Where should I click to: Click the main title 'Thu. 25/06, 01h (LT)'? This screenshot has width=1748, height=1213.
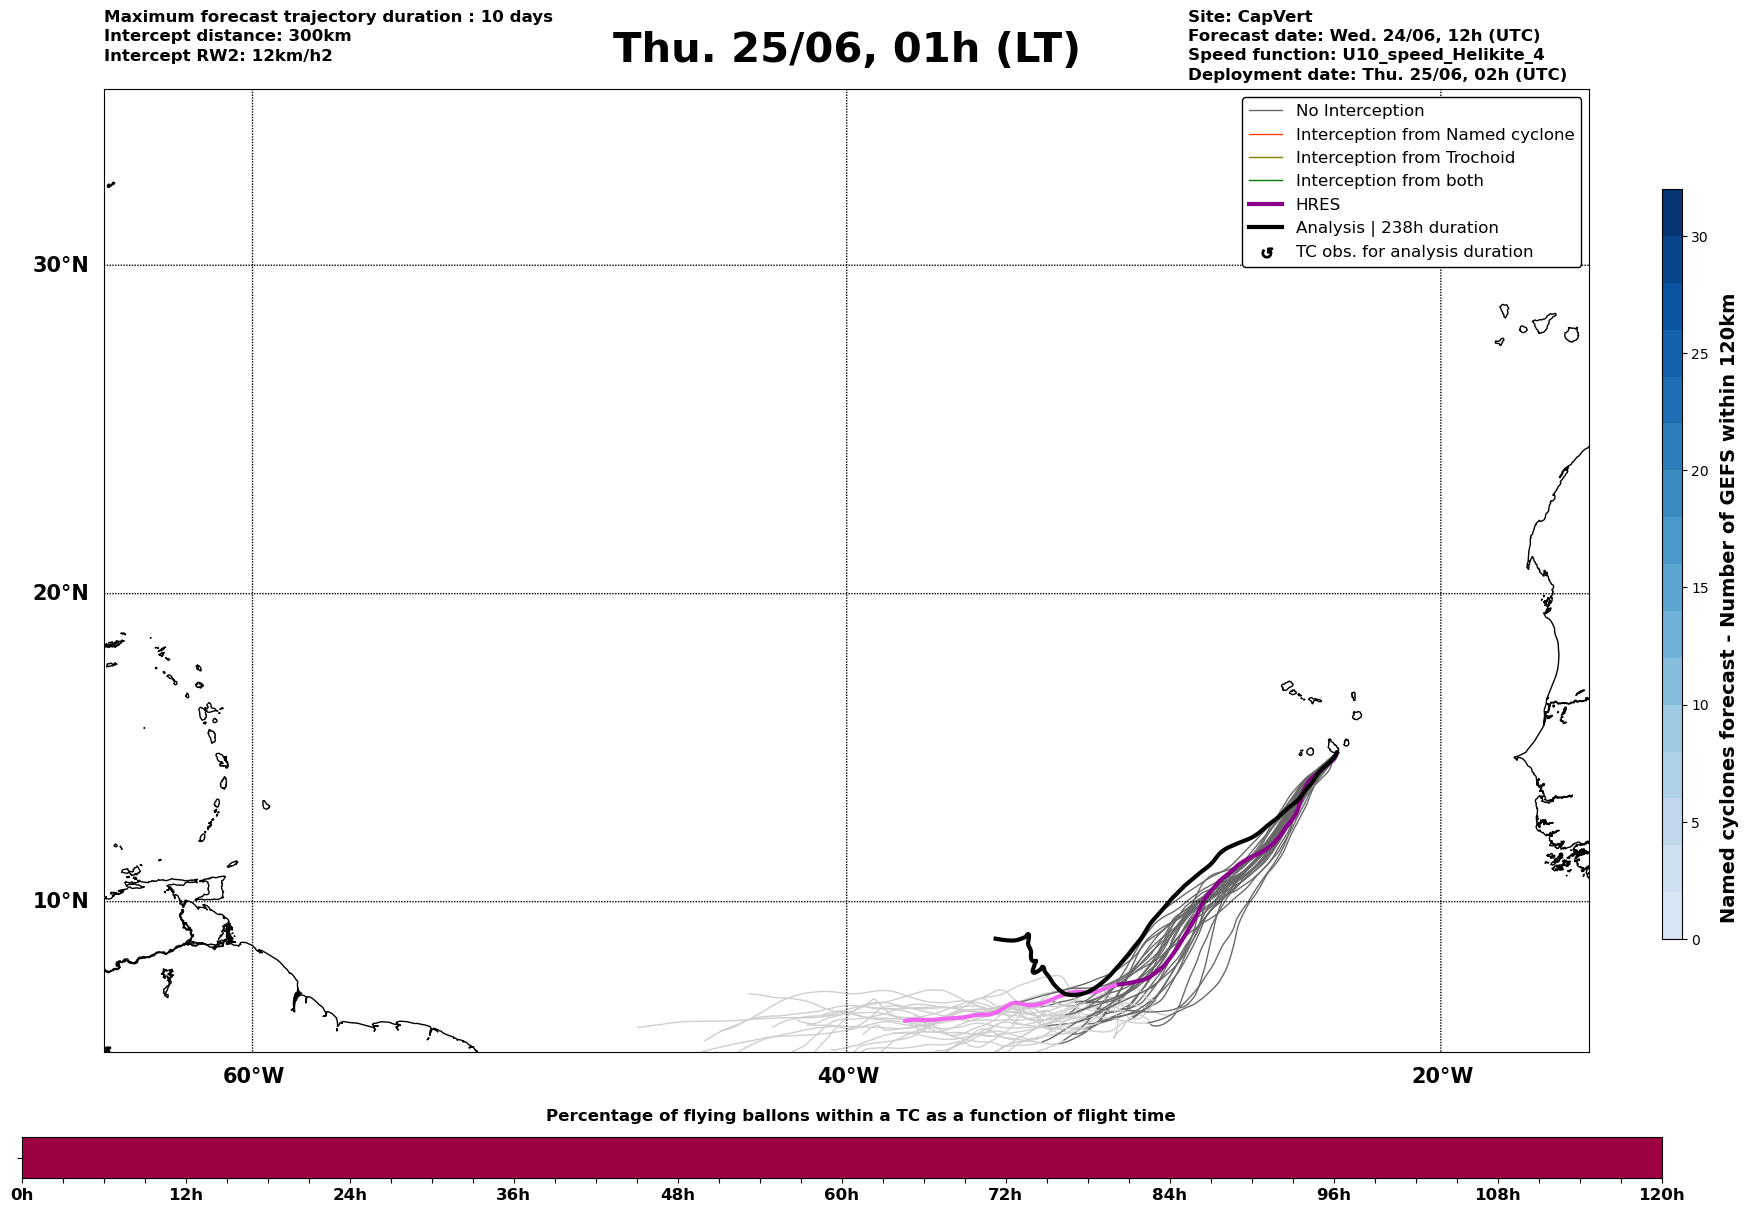click(846, 49)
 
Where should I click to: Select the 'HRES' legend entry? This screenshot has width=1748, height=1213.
click(1317, 205)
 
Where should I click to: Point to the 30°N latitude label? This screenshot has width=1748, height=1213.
click(61, 265)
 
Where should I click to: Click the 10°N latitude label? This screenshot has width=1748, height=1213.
click(61, 901)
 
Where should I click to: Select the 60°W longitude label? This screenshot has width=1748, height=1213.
click(253, 1076)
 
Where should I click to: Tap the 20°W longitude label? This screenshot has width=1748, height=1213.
click(1441, 1076)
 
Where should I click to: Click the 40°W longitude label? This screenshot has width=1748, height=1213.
click(848, 1076)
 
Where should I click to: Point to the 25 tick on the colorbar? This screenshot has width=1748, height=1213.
click(1699, 354)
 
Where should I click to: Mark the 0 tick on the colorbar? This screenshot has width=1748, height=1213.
click(1695, 940)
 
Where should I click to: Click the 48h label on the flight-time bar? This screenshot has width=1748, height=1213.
click(677, 1195)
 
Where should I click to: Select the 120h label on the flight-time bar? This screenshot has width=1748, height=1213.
click(1662, 1195)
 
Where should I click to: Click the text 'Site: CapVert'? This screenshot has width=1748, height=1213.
click(1250, 17)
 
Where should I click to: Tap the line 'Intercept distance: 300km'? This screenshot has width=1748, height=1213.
click(228, 36)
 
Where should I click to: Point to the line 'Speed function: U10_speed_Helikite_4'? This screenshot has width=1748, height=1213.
click(1366, 55)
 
